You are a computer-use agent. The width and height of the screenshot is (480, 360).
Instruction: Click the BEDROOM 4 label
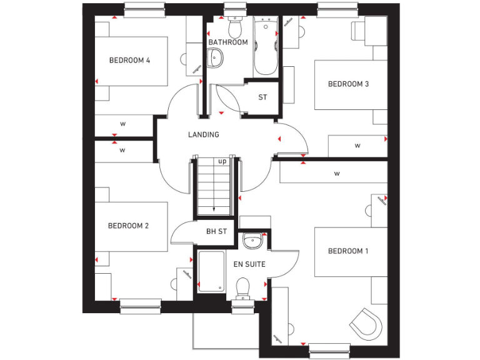tap(129, 61)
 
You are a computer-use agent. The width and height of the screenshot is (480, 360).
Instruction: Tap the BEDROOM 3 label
tap(348, 84)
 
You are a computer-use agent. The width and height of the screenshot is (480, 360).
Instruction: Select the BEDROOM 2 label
tap(128, 226)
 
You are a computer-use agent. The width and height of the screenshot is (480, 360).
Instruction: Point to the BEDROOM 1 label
tap(348, 251)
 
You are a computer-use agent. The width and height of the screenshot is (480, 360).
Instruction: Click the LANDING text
tap(204, 134)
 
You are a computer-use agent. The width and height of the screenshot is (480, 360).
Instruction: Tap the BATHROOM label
tap(228, 42)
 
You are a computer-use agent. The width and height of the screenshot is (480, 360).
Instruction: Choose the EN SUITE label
tap(249, 264)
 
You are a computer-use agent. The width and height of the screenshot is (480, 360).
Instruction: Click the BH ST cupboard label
tap(216, 231)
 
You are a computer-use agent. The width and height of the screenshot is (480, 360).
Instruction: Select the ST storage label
tap(262, 97)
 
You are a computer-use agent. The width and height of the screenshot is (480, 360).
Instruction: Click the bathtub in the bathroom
tap(266, 47)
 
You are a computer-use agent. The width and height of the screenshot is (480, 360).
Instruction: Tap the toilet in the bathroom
tap(235, 26)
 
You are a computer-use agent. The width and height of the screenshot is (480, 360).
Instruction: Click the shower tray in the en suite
tap(211, 271)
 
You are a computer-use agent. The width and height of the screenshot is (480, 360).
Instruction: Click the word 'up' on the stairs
tap(222, 161)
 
